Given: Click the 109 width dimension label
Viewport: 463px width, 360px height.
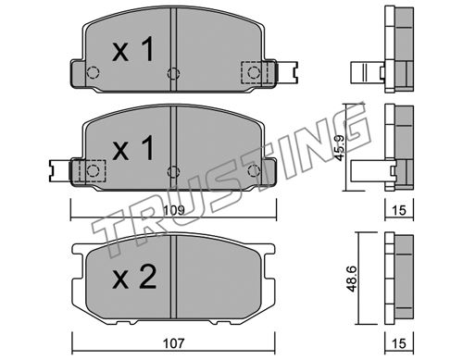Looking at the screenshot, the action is (x=173, y=210).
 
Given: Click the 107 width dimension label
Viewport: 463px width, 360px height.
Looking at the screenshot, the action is (x=173, y=343).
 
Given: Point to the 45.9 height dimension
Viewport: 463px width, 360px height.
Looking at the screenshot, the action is (x=340, y=148).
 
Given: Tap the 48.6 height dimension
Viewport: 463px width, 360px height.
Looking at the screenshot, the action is (x=352, y=279).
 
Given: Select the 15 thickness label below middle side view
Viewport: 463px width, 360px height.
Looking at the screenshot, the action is (x=399, y=210).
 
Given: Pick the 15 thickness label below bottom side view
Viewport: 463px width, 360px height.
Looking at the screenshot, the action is (x=399, y=343).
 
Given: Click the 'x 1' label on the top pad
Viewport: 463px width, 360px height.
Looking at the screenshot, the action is (x=133, y=49).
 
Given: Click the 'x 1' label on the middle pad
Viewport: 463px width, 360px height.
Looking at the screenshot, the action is (x=133, y=148).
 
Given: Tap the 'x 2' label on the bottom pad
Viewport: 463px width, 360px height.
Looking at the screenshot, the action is (x=134, y=277).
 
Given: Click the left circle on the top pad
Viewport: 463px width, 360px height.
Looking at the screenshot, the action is (x=93, y=72).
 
